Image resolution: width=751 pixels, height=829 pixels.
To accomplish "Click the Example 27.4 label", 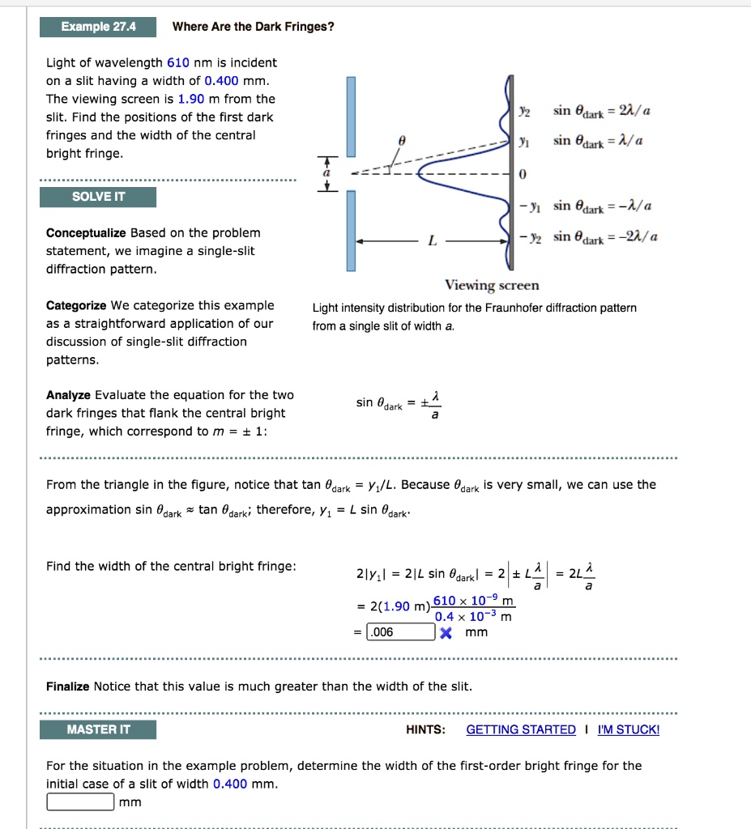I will coord(98,27).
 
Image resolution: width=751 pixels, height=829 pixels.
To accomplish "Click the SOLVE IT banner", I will coord(98,197).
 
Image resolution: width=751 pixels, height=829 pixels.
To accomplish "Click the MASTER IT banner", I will coord(98,729).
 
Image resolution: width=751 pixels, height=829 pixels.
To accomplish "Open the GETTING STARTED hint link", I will coord(521,729).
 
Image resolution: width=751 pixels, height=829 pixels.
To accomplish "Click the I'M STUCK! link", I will coord(628,729).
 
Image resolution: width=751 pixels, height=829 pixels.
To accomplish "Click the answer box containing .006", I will coord(400,631).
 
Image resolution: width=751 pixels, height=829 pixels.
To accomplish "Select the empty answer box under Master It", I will coord(79,801).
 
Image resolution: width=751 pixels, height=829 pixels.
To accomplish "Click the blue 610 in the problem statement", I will coord(177,62).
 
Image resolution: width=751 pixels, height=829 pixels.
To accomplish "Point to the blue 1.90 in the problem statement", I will coord(191,99).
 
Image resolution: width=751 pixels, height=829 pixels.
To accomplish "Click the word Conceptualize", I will coord(86,233).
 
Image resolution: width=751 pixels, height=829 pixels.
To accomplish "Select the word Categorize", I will coord(76,305).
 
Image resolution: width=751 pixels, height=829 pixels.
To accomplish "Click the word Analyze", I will coord(69,395).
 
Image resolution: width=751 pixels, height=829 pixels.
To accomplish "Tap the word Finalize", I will coord(68,687).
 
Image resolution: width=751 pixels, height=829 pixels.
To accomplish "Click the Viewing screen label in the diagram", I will coord(491,285).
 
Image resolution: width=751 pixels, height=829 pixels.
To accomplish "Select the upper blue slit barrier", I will coord(351,116).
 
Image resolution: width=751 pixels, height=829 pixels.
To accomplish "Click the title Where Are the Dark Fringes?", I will coord(253,27).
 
